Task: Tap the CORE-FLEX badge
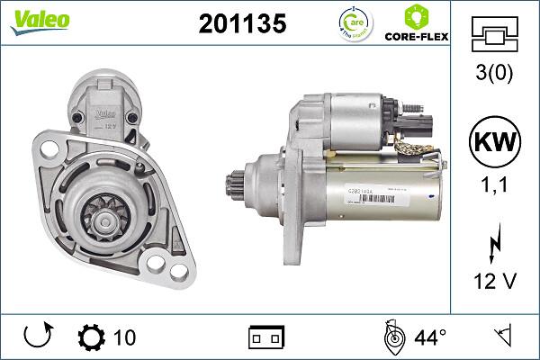point(417,25)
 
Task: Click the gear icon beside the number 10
point(91,337)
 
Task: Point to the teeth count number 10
point(124,337)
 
